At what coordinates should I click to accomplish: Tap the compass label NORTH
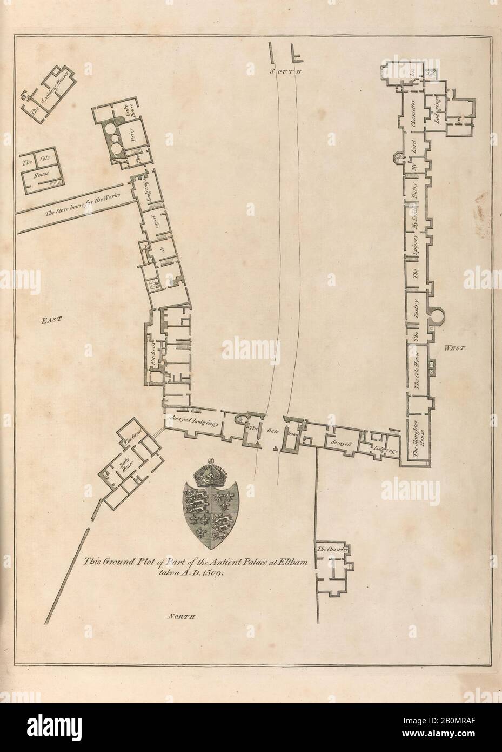tap(180, 616)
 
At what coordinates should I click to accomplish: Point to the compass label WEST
tap(454, 349)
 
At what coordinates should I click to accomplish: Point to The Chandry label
tap(331, 550)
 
